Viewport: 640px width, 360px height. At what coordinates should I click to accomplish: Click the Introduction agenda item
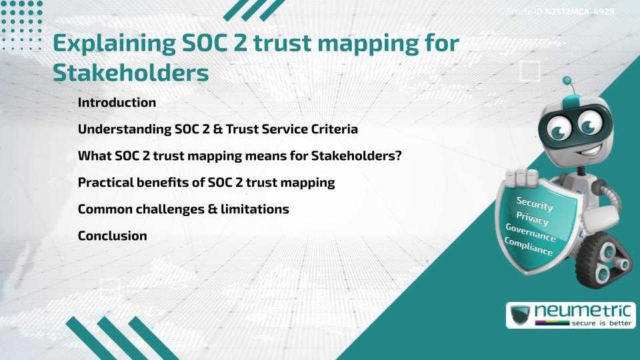(117, 103)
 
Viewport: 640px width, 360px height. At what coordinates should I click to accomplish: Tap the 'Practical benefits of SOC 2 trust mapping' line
(206, 182)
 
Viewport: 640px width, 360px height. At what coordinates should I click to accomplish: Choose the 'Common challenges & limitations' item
(183, 209)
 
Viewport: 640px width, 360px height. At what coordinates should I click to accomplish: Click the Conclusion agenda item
(112, 235)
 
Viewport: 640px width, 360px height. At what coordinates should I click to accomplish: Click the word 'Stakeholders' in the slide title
(131, 73)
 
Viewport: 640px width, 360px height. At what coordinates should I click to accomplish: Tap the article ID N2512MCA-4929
(579, 11)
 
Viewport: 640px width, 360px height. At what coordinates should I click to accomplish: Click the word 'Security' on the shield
(535, 203)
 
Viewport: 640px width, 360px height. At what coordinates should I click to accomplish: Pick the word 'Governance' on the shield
(531, 233)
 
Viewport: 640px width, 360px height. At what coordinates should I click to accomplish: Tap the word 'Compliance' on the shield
(529, 247)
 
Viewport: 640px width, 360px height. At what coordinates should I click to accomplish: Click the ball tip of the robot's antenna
(567, 81)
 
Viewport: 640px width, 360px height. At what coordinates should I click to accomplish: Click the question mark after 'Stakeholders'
(397, 156)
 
